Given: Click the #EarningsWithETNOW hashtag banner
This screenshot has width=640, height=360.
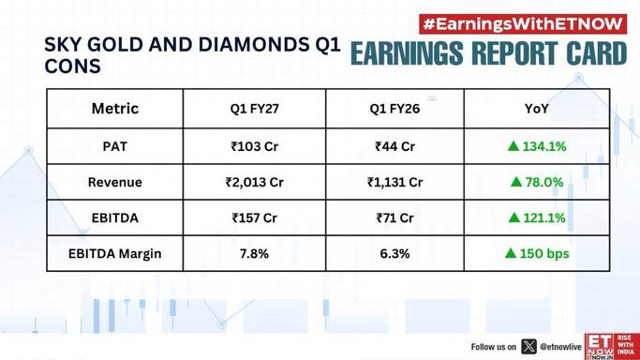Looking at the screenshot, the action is pyautogui.click(x=523, y=24).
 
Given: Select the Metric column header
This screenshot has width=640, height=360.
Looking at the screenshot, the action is pyautogui.click(x=114, y=109).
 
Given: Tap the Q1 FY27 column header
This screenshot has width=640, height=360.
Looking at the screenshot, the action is pyautogui.click(x=254, y=109).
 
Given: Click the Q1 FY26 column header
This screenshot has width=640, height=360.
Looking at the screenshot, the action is pyautogui.click(x=394, y=109).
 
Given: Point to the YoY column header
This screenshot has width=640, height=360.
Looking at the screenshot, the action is pyautogui.click(x=536, y=109).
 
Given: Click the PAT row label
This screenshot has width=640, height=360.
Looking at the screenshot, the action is pyautogui.click(x=114, y=146).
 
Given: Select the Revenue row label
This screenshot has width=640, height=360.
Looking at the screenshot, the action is pyautogui.click(x=114, y=182).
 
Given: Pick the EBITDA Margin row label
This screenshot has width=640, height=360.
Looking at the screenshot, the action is pyautogui.click(x=114, y=254).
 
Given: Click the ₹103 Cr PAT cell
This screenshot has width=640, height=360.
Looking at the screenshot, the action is pyautogui.click(x=254, y=146).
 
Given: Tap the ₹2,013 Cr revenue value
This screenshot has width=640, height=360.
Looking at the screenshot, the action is pyautogui.click(x=254, y=182).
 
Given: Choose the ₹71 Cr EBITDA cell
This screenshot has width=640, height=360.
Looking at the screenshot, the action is pyautogui.click(x=394, y=217).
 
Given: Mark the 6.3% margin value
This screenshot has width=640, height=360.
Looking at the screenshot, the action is pyautogui.click(x=394, y=254).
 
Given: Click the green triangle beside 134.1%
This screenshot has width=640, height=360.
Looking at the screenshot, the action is pyautogui.click(x=513, y=146).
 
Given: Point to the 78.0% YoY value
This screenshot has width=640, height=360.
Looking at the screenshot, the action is pyautogui.click(x=544, y=182).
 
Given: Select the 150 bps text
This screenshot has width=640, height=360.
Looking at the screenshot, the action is pyautogui.click(x=544, y=253).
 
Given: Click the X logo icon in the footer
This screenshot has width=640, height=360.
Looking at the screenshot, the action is pyautogui.click(x=528, y=347).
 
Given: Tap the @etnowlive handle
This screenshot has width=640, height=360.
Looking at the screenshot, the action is pyautogui.click(x=560, y=347).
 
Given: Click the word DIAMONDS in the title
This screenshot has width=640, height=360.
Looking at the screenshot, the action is pyautogui.click(x=254, y=45).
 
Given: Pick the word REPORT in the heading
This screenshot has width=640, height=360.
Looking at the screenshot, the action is pyautogui.click(x=517, y=53).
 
